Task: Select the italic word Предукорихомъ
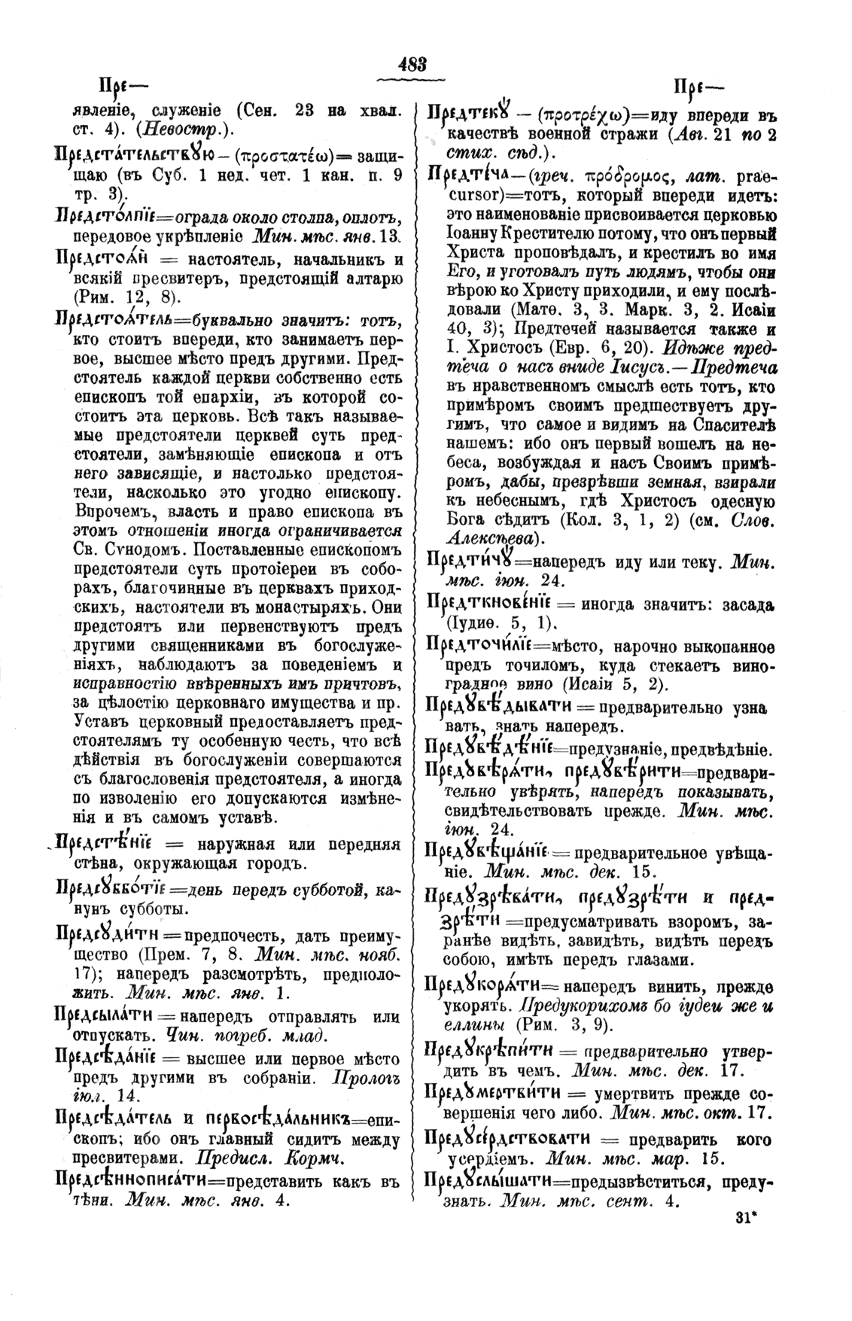588,1006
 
